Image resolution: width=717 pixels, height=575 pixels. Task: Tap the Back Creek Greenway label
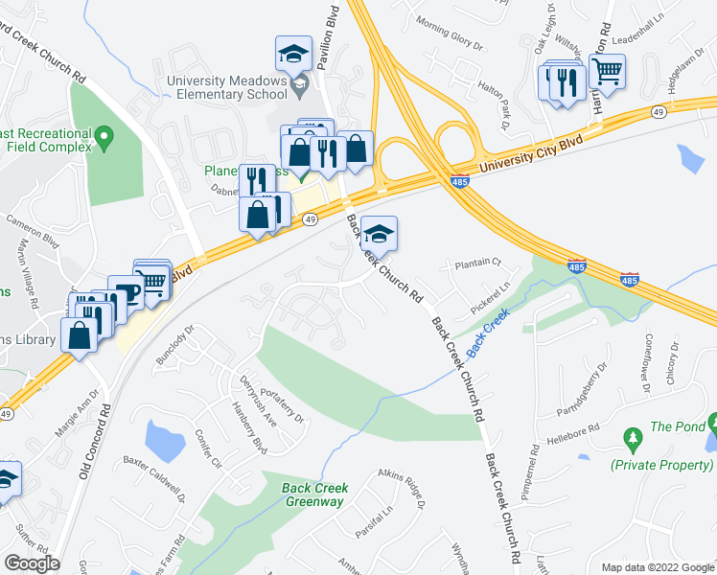pos(314,494)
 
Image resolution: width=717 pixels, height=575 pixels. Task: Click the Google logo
pos(32,563)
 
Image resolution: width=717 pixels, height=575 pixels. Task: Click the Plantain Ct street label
pos(478,262)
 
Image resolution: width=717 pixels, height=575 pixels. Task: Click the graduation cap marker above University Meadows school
pos(293,54)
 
